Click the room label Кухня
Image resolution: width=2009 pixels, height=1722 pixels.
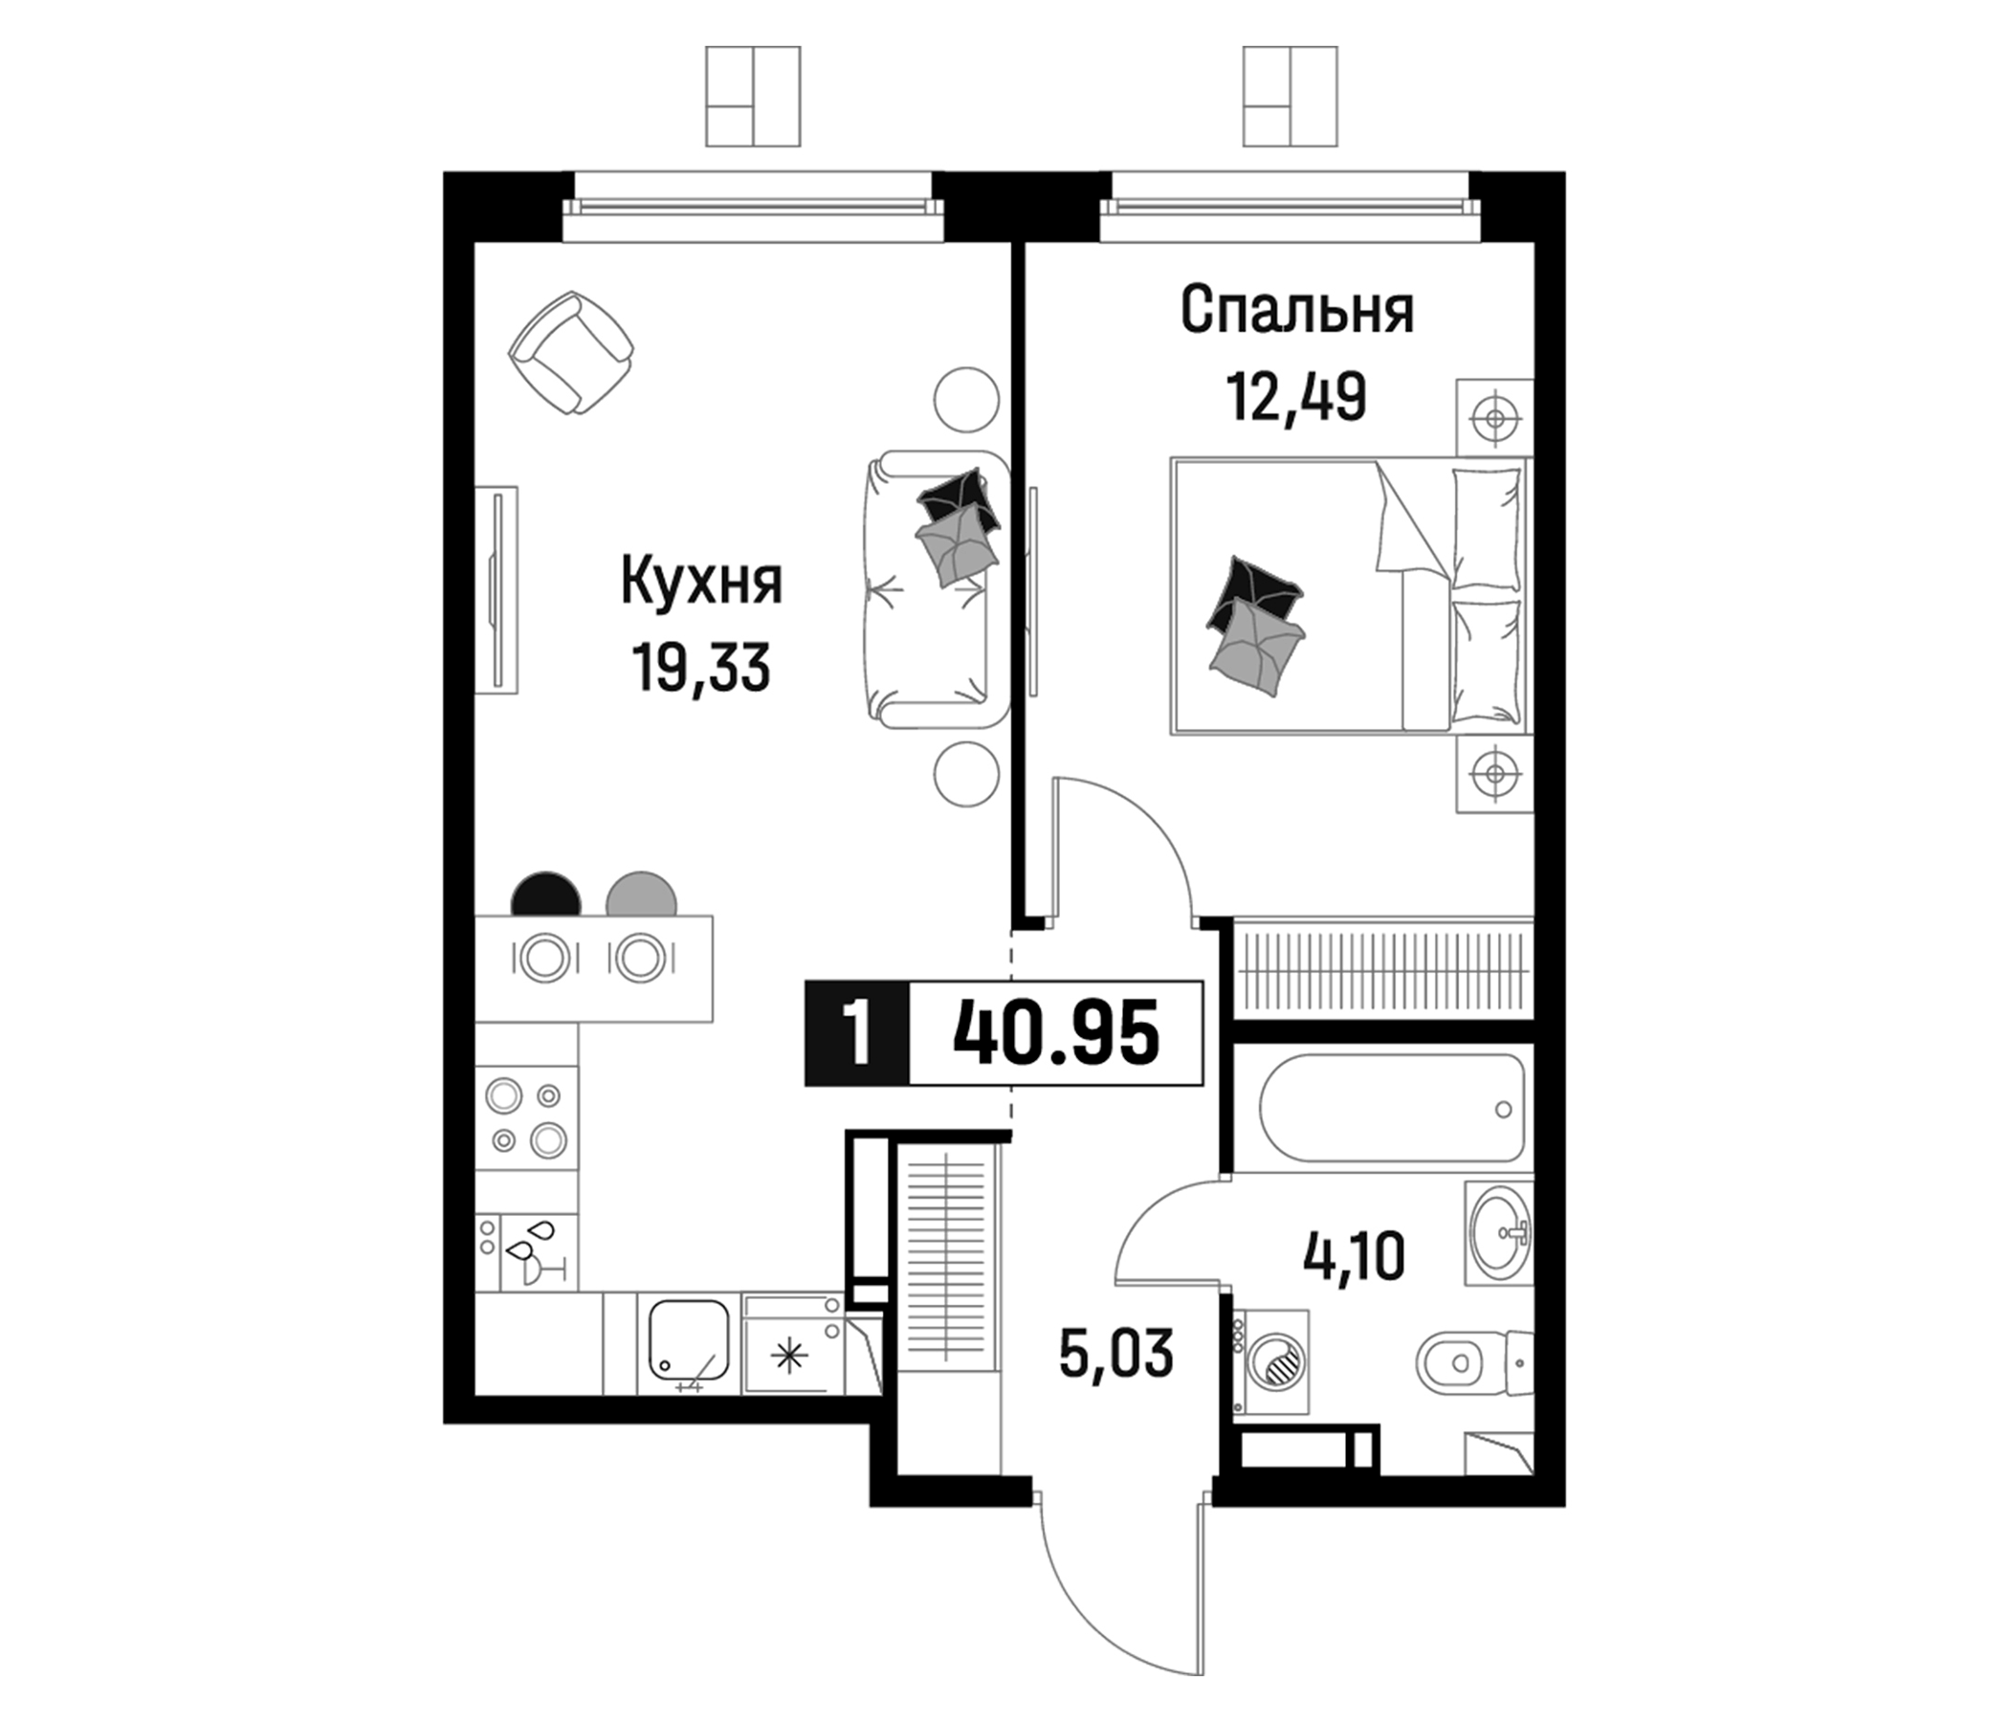(x=701, y=583)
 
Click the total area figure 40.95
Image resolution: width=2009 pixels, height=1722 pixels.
(x=1056, y=1032)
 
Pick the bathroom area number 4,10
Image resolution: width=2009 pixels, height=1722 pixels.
(x=1355, y=1257)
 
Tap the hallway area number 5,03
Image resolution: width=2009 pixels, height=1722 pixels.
(x=1116, y=1354)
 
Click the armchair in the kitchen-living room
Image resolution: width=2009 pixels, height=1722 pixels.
(x=572, y=353)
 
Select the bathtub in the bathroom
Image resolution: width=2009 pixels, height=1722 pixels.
(x=1392, y=1107)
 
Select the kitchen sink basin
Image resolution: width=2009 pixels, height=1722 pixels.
(x=688, y=1342)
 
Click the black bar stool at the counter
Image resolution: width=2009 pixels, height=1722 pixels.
(x=546, y=894)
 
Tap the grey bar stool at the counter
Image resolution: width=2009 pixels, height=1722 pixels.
(x=641, y=894)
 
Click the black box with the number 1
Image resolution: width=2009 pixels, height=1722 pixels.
(x=857, y=1032)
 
